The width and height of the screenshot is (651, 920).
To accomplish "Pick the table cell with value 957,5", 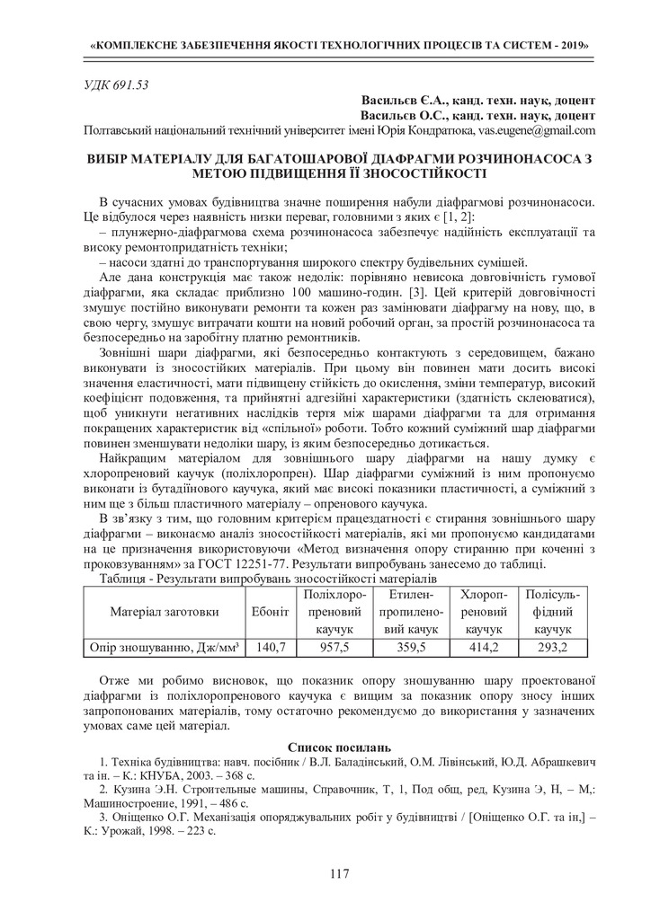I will click(x=334, y=647).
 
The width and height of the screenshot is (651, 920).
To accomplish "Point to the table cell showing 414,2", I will click(x=483, y=647).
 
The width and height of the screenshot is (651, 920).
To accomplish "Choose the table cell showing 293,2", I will click(x=552, y=647).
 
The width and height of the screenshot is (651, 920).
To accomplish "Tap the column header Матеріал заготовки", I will click(x=165, y=612).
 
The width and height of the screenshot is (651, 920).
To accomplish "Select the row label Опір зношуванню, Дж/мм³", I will click(x=165, y=647).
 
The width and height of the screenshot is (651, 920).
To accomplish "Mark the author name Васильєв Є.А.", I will click(x=401, y=101).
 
